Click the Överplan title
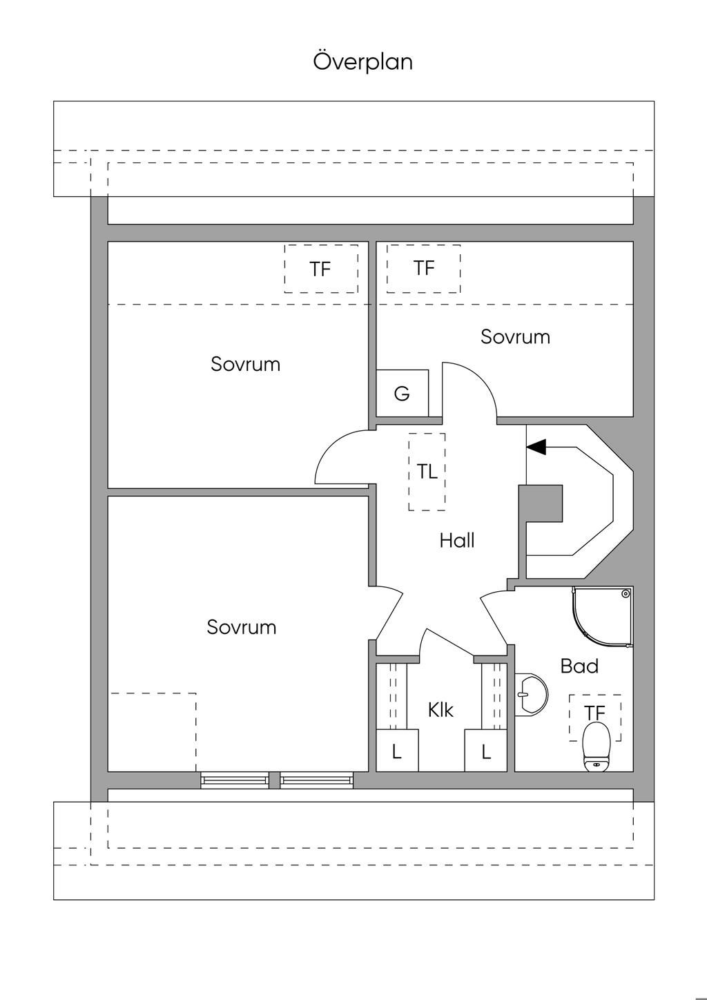click(x=363, y=61)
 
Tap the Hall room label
click(x=456, y=540)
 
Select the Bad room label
click(x=579, y=666)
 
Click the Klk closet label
click(x=440, y=709)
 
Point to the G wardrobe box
click(x=402, y=394)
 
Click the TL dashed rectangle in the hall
click(x=427, y=472)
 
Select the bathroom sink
click(x=532, y=693)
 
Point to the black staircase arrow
click(x=536, y=447)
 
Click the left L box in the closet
click(x=397, y=751)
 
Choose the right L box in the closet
click(x=486, y=751)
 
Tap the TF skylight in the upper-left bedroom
click(x=321, y=269)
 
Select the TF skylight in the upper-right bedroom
click(x=424, y=268)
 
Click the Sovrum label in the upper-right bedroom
click(x=515, y=336)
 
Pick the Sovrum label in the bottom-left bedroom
click(x=242, y=627)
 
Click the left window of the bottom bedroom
click(x=235, y=780)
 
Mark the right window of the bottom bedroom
click(x=317, y=780)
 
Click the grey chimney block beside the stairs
click(x=541, y=504)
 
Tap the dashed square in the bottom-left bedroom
click(x=153, y=732)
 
